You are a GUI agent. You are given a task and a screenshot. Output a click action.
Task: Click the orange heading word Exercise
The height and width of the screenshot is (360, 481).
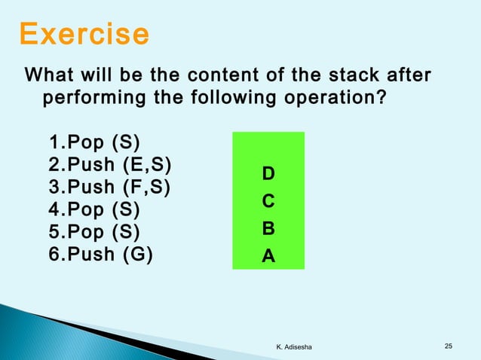(84, 35)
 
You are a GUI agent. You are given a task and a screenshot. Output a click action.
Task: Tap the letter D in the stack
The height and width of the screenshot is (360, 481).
(268, 175)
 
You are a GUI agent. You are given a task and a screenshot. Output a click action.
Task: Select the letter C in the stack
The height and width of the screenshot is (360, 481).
(268, 202)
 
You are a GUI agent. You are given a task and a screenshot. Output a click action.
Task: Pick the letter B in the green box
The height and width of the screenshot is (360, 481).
(268, 229)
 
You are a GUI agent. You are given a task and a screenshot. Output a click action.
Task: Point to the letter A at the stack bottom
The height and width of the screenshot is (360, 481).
(268, 257)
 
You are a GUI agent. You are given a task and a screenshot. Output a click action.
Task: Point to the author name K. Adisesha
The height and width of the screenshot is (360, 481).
(299, 346)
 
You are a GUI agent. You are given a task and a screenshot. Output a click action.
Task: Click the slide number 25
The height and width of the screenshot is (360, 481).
(449, 346)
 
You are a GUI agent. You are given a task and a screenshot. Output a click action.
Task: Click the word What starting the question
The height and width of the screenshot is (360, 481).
(51, 76)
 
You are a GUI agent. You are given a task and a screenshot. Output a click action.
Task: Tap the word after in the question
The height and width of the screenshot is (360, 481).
(408, 76)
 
